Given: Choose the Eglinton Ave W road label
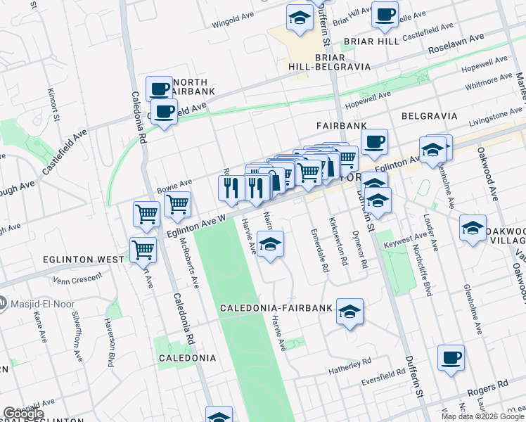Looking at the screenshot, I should [196, 226].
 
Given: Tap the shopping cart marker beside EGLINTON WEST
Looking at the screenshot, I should [143, 249].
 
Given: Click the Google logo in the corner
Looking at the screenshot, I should [23, 414].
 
